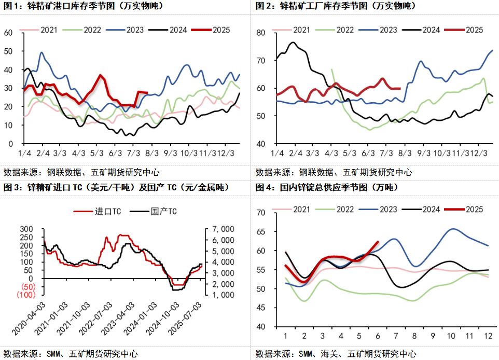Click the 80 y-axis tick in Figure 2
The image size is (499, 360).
[260, 33]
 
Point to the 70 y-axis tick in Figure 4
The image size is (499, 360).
[260, 213]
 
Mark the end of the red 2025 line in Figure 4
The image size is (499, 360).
[378, 241]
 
